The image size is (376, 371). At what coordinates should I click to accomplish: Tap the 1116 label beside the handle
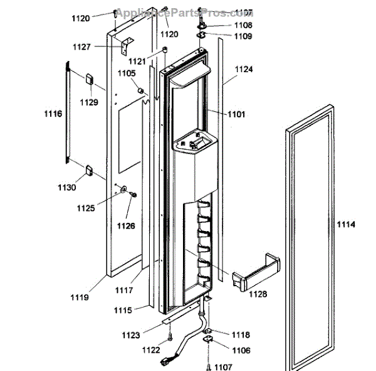pos(53,114)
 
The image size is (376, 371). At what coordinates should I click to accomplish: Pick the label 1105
pos(127,73)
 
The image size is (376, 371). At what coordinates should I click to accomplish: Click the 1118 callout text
pos(241,335)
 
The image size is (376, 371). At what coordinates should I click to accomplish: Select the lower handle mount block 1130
pos(89,169)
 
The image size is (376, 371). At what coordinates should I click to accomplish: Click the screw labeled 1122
pos(170,340)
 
